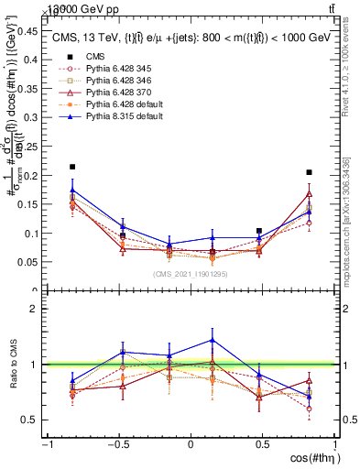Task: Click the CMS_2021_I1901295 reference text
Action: click(191, 274)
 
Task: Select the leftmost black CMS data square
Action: click(72, 167)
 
